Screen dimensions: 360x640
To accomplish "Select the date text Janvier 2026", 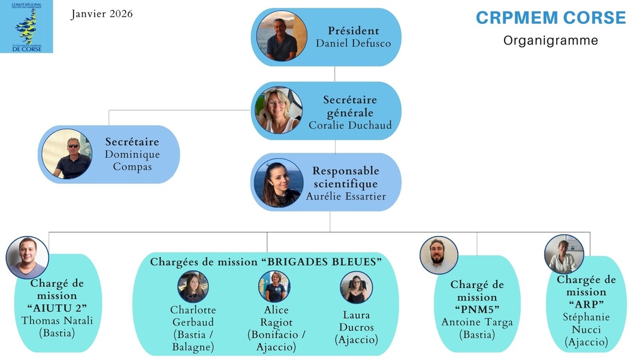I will coord(102,14).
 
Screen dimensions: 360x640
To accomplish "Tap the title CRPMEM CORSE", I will coord(550,18).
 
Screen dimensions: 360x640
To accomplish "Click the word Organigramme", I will coord(550,41).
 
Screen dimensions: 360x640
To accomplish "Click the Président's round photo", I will coord(282,37).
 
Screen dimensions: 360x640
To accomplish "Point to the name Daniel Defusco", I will coord(353,43).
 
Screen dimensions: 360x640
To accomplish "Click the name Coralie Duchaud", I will coord(350,125).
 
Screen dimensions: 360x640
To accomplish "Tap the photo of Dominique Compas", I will coord(67,154).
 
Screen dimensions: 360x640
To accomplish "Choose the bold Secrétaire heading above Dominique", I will coord(132,142).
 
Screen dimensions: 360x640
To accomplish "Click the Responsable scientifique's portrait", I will coord(278,183).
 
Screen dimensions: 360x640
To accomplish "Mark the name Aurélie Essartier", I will coord(346,196).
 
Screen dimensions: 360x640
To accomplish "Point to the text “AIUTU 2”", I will coord(58,307).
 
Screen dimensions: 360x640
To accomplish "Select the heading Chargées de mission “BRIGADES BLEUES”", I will coord(265,262).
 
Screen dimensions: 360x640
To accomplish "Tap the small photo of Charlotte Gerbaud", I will coord(193,287).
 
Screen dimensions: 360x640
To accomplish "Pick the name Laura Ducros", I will coord(356,321).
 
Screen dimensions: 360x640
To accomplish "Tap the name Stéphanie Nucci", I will coord(586,323).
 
